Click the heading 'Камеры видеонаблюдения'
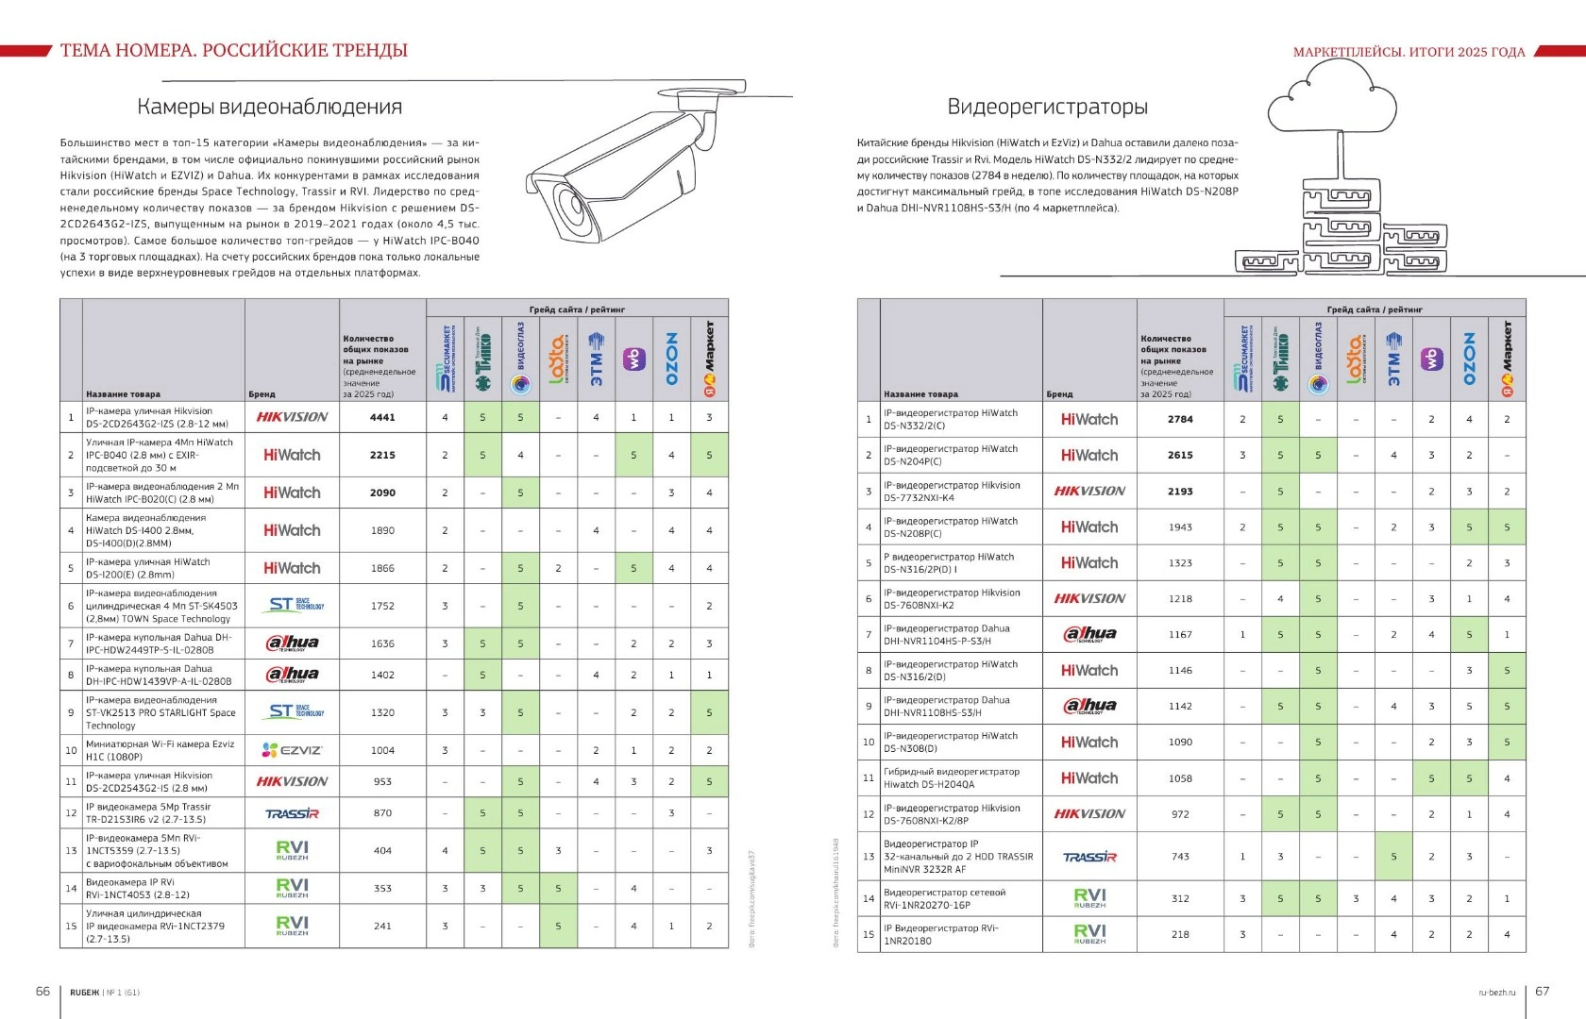click(x=270, y=107)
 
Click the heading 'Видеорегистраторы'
click(x=1047, y=107)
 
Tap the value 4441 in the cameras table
click(x=382, y=417)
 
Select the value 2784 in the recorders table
click(x=1180, y=419)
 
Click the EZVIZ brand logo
click(x=292, y=750)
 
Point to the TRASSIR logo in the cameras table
click(x=292, y=813)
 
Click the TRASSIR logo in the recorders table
click(x=1089, y=857)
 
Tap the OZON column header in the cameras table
click(x=672, y=359)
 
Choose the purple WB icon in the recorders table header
click(x=1432, y=359)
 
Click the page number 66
click(x=43, y=991)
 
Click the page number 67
click(x=1543, y=991)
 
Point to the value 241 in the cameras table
click(x=382, y=926)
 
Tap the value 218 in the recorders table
click(x=1180, y=934)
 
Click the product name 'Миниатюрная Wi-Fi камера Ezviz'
click(x=160, y=744)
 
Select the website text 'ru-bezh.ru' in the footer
click(x=1496, y=992)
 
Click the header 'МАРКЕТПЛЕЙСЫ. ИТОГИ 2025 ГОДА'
click(x=1409, y=52)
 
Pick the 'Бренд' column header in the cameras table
click(x=262, y=394)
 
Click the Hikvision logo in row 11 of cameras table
click(x=292, y=781)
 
